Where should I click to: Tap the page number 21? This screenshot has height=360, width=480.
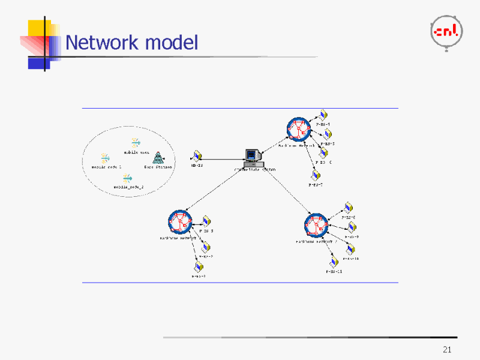[446, 350]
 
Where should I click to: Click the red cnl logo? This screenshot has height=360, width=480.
[447, 32]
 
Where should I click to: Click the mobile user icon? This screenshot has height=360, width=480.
[136, 143]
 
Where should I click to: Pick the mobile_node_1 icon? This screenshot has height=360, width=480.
[105, 158]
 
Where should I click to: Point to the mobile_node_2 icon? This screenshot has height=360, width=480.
[127, 178]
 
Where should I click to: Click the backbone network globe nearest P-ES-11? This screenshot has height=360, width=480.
[316, 226]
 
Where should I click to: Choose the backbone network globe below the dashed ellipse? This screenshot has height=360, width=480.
[180, 222]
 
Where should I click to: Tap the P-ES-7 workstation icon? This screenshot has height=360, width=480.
[315, 176]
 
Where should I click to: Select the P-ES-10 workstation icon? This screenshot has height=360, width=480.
[350, 250]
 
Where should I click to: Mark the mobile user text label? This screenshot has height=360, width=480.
[136, 152]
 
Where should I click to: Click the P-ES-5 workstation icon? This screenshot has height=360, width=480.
[327, 134]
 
